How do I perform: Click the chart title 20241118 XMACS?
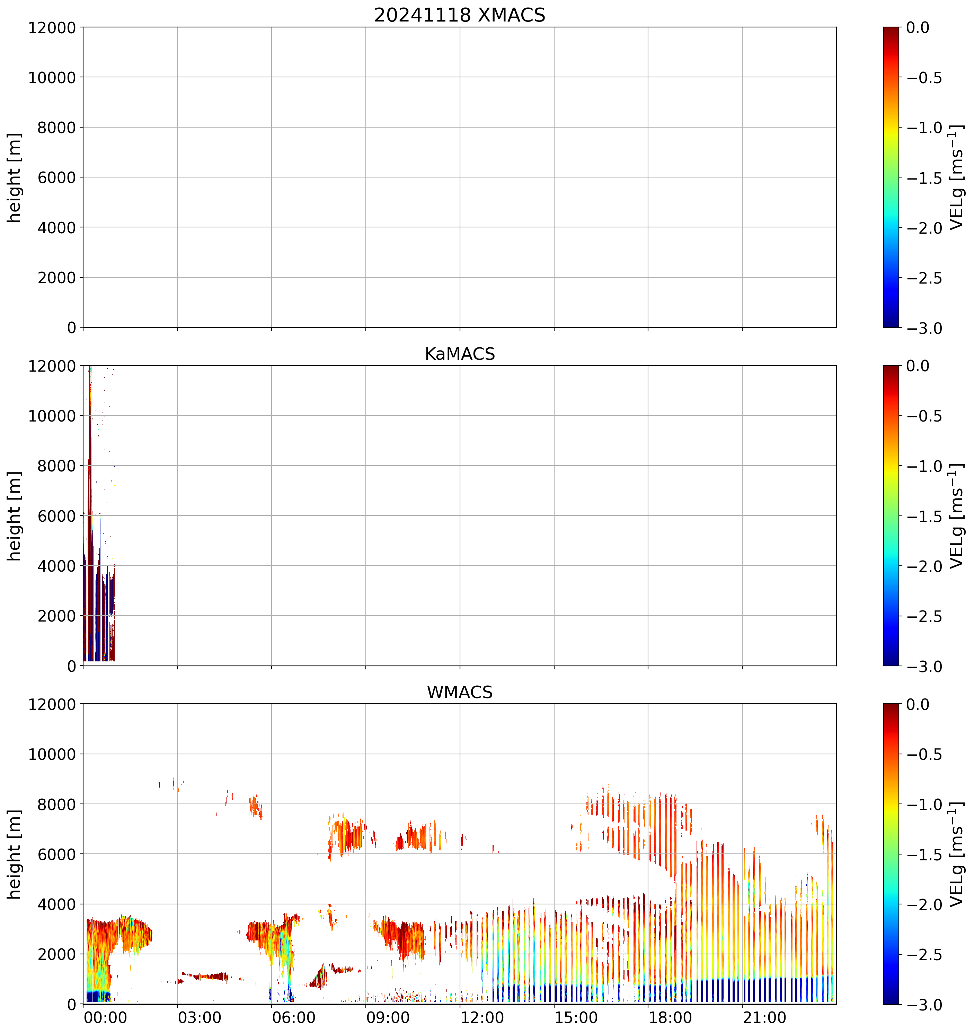point(460,15)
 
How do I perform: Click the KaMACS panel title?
point(460,354)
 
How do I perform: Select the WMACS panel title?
point(460,692)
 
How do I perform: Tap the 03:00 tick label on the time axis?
point(200,1017)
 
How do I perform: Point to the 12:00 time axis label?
point(482,1017)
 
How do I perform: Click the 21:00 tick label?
point(764,1017)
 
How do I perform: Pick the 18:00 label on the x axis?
point(670,1017)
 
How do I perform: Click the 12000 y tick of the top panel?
point(52,27)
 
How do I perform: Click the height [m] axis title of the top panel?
point(15,178)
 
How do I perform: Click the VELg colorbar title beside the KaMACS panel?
point(956,516)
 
